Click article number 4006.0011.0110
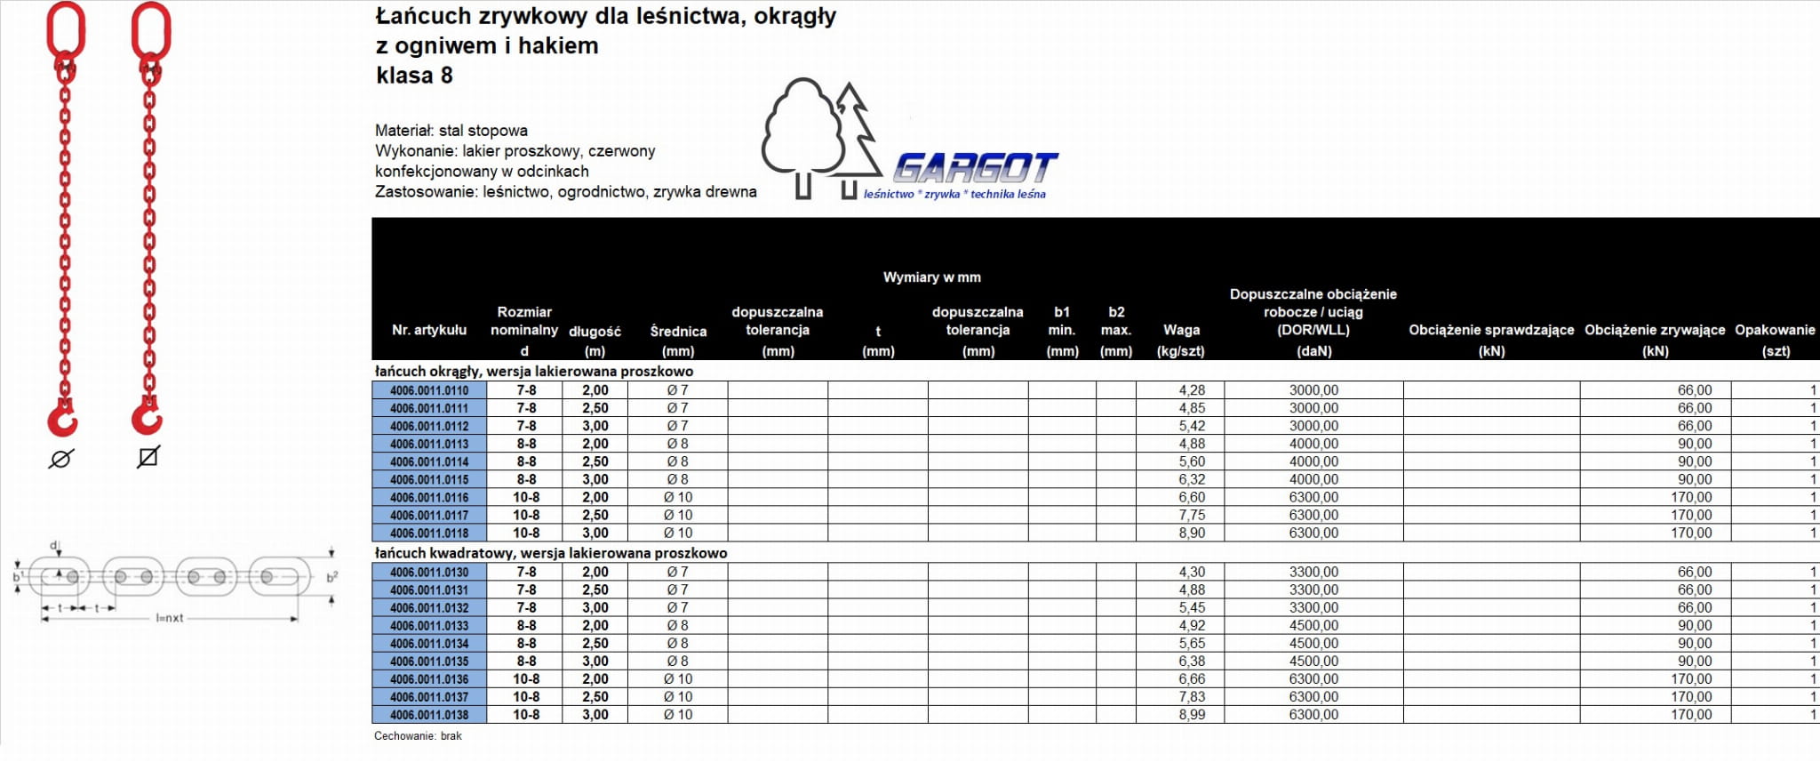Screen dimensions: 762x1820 [429, 390]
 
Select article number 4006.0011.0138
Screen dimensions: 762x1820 [429, 715]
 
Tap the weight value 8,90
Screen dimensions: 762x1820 [1192, 533]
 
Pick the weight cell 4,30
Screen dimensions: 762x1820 [1192, 573]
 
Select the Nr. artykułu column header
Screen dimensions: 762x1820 [429, 330]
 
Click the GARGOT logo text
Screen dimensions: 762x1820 [976, 167]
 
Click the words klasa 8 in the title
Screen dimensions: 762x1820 [415, 76]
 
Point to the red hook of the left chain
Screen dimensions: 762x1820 [62, 419]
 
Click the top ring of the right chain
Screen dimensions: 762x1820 [150, 30]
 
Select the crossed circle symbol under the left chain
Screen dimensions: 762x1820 [61, 459]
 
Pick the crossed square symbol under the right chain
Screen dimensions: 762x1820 [148, 457]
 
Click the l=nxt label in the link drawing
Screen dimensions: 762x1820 [170, 618]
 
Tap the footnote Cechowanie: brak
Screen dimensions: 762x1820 [418, 736]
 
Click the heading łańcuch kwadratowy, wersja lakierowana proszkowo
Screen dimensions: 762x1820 [551, 553]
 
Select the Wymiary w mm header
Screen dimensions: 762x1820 [931, 277]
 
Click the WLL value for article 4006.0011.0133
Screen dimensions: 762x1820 [1313, 626]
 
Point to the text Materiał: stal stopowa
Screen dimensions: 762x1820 [451, 131]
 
